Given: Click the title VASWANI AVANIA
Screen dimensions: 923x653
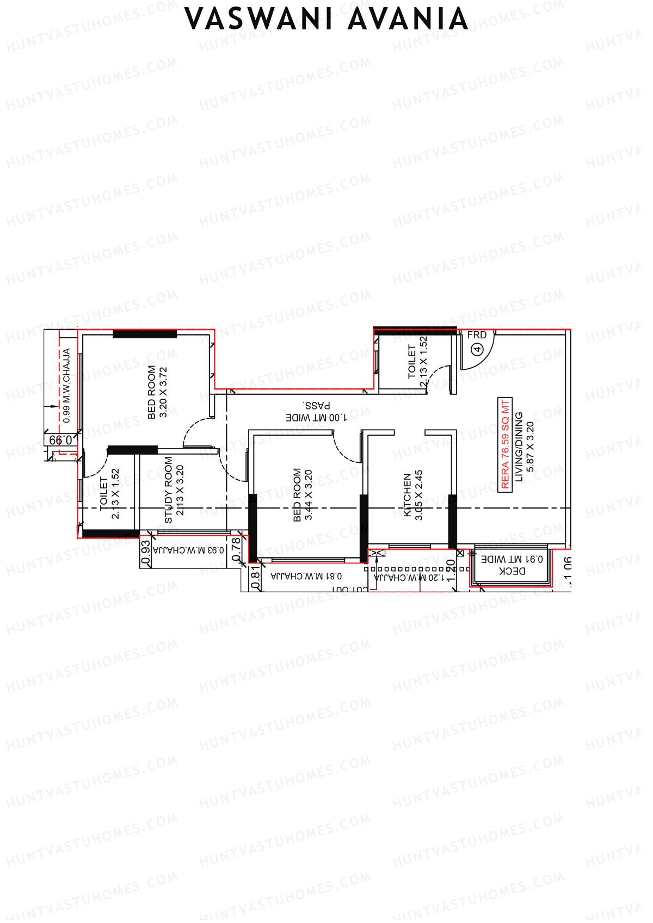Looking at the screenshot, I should point(326,20).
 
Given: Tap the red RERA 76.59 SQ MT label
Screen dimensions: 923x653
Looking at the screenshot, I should point(505,444).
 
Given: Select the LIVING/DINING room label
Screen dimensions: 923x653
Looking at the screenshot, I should point(519,447).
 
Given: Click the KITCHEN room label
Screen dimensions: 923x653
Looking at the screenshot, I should point(407,495).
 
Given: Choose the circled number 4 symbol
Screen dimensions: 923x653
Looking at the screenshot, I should point(477,349).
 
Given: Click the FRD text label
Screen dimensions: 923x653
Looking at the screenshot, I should point(477,336).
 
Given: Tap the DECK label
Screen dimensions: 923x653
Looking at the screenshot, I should point(512,571).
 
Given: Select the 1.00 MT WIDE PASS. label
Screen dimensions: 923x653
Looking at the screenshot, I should point(316,412).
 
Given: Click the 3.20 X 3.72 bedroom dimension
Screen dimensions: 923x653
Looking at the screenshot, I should point(163,392).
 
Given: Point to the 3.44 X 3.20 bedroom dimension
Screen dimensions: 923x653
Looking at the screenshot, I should point(309,495).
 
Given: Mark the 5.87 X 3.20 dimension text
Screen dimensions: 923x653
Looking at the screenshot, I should point(530,447).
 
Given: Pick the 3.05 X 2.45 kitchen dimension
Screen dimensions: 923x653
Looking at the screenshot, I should point(419,495).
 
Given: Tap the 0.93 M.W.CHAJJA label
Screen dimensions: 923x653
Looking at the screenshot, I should point(188,550).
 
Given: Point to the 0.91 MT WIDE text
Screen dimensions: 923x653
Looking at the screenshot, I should point(512,559).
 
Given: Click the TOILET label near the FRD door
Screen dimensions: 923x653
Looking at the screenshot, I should point(412,362).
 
